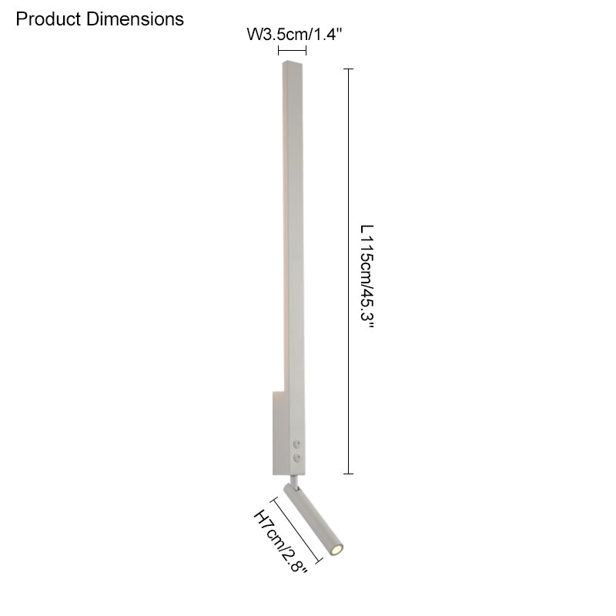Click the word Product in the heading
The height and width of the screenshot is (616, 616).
point(48,19)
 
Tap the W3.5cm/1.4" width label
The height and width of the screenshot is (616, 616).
point(293,35)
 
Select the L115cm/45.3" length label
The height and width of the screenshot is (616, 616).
point(367,277)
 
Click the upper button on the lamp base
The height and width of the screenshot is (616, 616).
point(297,444)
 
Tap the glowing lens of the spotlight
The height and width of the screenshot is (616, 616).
point(336,550)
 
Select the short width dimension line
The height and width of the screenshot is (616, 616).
point(292,51)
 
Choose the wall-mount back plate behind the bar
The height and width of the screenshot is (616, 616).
point(278,431)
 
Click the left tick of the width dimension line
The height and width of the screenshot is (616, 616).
point(278,51)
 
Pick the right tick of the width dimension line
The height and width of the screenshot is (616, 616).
point(306,51)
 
